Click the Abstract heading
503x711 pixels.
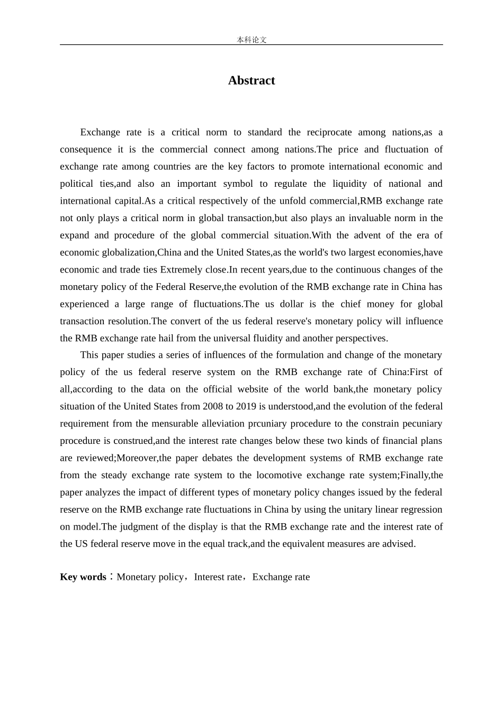coord(251,80)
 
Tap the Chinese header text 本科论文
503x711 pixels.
coord(251,40)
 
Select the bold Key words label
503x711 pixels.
coord(83,577)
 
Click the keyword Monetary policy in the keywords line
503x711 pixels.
coord(150,577)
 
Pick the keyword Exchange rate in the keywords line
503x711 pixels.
coord(281,577)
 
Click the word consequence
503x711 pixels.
coord(85,150)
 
